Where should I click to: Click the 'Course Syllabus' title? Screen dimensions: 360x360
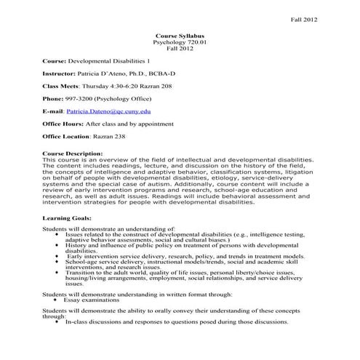(x=180, y=35)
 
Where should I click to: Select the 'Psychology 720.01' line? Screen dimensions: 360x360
(x=180, y=42)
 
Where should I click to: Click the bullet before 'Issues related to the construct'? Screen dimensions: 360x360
(x=57, y=236)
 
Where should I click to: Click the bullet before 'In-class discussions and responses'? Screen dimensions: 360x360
(x=57, y=321)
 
